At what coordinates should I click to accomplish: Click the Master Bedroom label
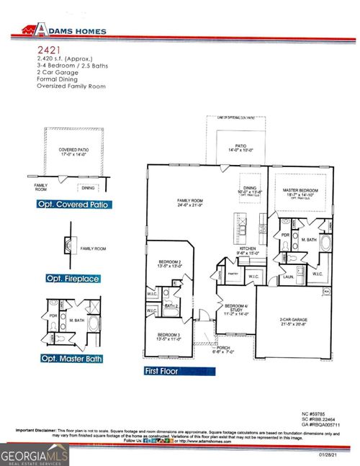tap(300, 191)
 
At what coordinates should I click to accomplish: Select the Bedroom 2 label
tap(170, 263)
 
